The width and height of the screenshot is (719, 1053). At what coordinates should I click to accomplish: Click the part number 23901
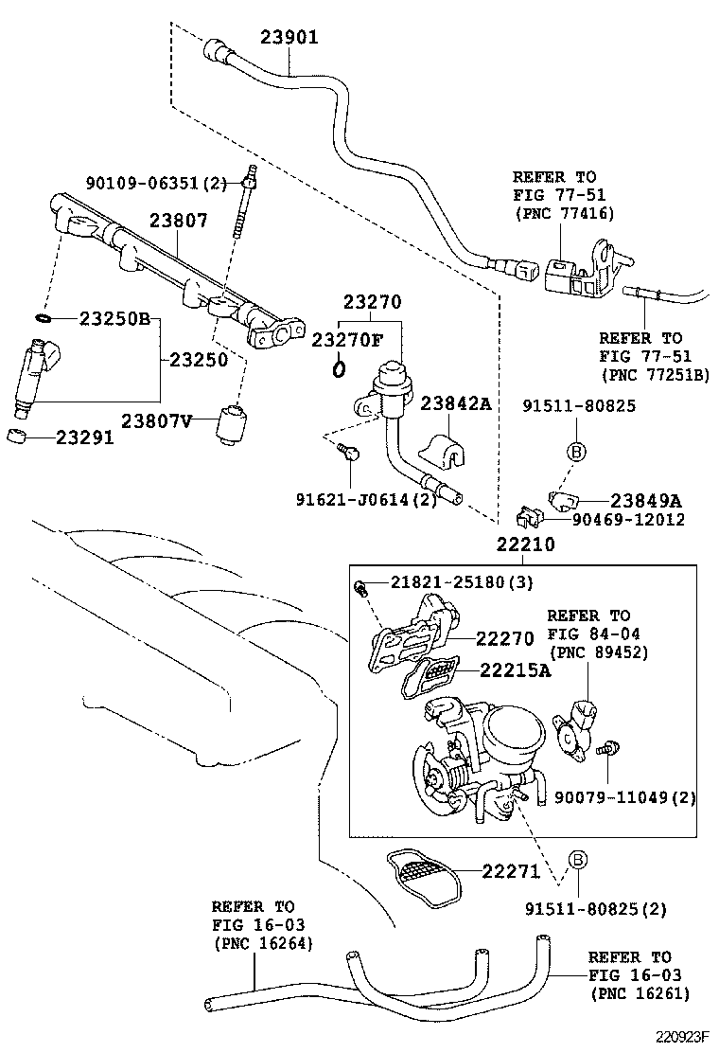tap(289, 38)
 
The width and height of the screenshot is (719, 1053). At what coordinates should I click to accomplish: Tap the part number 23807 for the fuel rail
tap(178, 221)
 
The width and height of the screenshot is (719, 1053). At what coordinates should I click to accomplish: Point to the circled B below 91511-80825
tap(578, 452)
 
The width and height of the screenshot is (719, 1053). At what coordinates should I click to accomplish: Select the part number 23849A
tap(646, 501)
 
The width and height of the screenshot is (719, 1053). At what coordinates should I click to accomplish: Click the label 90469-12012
tap(627, 520)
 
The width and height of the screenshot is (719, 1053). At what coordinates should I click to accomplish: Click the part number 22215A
tap(515, 670)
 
